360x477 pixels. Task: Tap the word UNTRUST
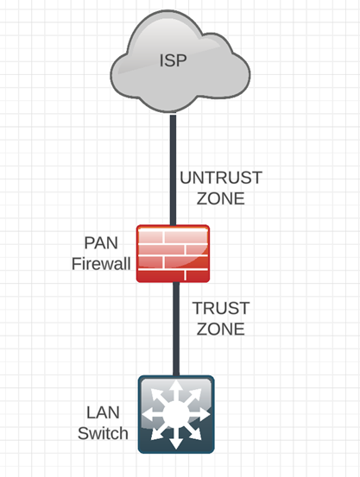coord(220,179)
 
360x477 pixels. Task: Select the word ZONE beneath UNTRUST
coord(220,198)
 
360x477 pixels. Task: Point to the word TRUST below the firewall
coord(219,309)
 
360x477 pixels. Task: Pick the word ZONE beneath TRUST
coord(219,329)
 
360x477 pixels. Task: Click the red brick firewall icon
coord(173,253)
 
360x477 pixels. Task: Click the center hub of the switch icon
coord(175,412)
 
